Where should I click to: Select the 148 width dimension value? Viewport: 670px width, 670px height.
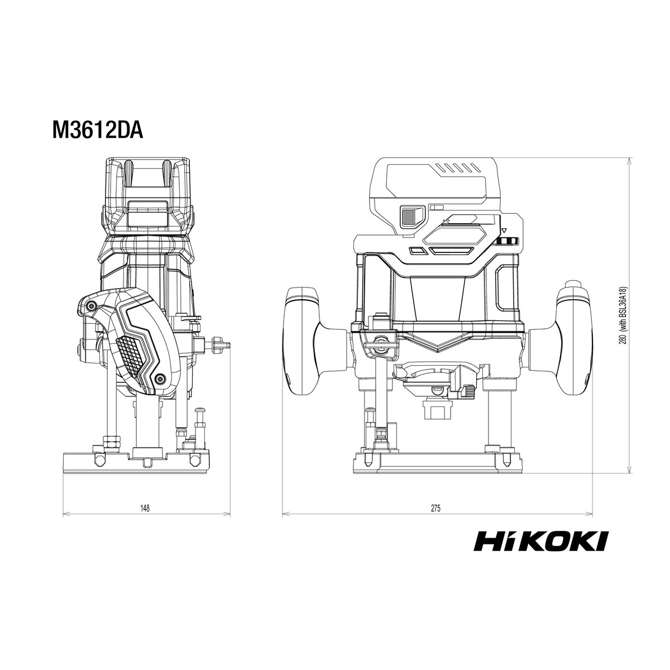coord(145,508)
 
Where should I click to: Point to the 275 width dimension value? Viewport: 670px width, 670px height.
coord(435,508)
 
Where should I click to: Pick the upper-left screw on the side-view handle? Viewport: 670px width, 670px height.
coord(92,305)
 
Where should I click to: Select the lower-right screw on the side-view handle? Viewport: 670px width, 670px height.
coord(160,379)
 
